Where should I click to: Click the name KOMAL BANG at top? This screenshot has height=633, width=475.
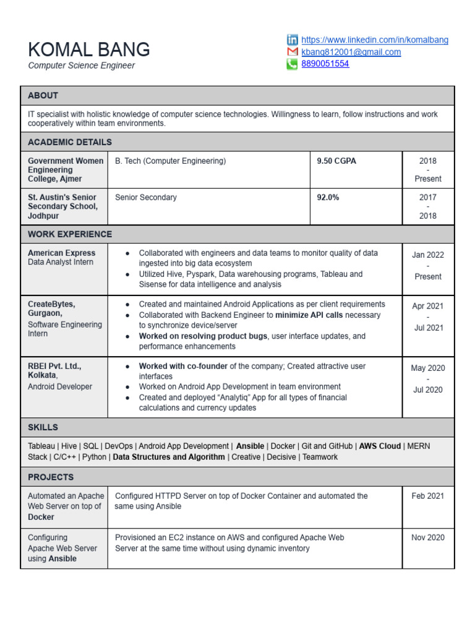click(x=89, y=49)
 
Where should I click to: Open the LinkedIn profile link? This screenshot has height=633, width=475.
click(x=375, y=40)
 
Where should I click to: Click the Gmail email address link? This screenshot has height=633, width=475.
click(x=351, y=52)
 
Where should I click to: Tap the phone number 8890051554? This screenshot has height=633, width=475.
click(x=325, y=64)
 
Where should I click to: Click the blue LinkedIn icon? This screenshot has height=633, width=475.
click(x=292, y=40)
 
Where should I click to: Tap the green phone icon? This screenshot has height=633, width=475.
click(x=292, y=64)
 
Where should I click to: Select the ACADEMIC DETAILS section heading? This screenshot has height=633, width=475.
click(x=70, y=142)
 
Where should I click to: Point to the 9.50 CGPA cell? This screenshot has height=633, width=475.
click(x=336, y=161)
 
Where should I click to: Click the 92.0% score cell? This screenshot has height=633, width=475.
click(x=328, y=197)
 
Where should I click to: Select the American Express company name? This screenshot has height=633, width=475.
click(x=61, y=253)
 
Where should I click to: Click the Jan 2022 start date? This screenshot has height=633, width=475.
click(x=428, y=255)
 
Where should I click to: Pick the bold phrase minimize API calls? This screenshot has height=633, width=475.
click(x=310, y=315)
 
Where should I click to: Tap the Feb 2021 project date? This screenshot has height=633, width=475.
click(x=428, y=496)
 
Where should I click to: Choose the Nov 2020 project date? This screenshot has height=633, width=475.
click(x=428, y=537)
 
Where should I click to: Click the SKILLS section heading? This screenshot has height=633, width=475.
click(x=43, y=427)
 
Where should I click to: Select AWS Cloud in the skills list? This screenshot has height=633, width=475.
click(x=380, y=446)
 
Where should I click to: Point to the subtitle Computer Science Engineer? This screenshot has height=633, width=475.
click(x=81, y=66)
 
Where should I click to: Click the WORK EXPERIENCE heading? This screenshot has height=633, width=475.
click(x=70, y=234)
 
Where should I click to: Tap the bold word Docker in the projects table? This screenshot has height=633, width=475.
click(x=41, y=517)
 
